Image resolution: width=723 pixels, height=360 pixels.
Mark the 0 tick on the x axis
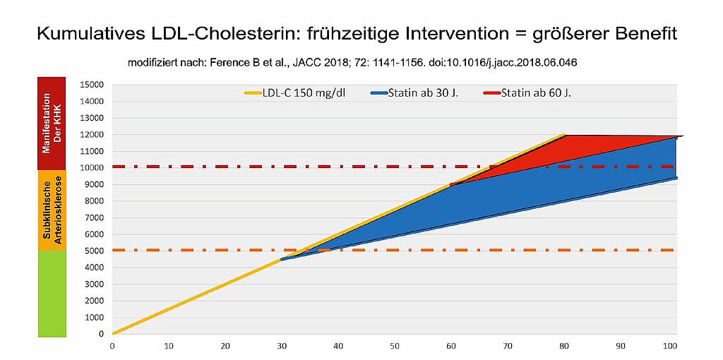(x=112, y=347)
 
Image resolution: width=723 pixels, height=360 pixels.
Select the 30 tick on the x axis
(x=282, y=347)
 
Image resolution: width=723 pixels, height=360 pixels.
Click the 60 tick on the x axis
(x=451, y=347)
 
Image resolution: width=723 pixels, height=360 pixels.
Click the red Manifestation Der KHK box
(x=52, y=124)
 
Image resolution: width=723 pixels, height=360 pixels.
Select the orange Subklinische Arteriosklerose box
(x=52, y=210)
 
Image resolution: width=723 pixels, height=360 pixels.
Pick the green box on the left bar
(x=52, y=292)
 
